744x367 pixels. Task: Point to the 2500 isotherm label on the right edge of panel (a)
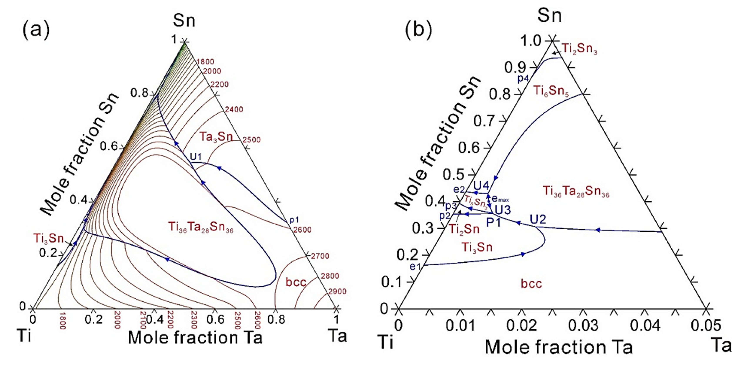[251, 140]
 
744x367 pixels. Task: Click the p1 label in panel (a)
[294, 220]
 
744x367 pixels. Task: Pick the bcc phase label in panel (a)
[296, 282]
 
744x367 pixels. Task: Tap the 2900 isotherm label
[337, 292]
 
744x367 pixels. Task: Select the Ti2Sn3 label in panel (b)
[579, 49]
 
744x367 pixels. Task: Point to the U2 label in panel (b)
[538, 220]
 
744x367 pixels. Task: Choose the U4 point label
[481, 185]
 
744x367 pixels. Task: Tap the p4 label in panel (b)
[522, 78]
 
